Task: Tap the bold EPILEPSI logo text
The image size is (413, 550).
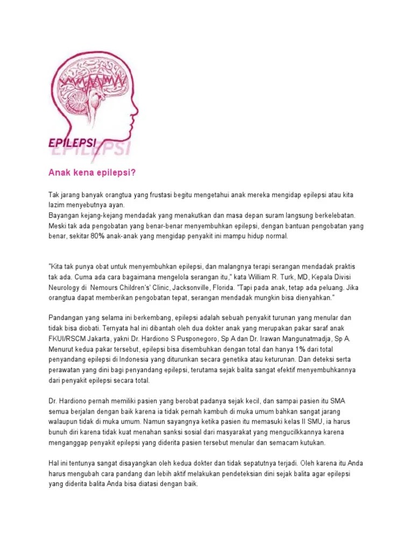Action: click(73, 143)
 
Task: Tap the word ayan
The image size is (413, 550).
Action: click(116, 205)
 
